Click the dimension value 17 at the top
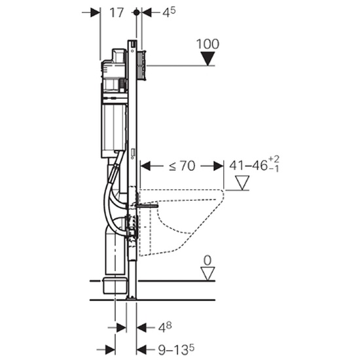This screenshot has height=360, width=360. tap(117, 12)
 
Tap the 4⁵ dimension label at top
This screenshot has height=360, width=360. tap(169, 12)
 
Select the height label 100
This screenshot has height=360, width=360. tap(207, 44)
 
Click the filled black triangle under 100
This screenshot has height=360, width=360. tap(207, 58)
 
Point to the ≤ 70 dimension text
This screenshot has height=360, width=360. tap(182, 166)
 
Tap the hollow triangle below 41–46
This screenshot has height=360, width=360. tap(242, 183)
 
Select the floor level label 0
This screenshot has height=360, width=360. tap(207, 261)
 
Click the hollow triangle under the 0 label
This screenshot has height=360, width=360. tap(207, 274)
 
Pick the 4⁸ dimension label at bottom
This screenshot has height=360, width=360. tap(165, 327)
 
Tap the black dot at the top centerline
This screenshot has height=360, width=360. tap(137, 12)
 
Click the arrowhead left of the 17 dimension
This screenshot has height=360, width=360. tap(96, 12)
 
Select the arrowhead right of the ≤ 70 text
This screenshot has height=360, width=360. tap(219, 166)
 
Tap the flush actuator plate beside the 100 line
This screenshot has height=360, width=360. tap(142, 65)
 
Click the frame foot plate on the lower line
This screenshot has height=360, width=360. tap(132, 298)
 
